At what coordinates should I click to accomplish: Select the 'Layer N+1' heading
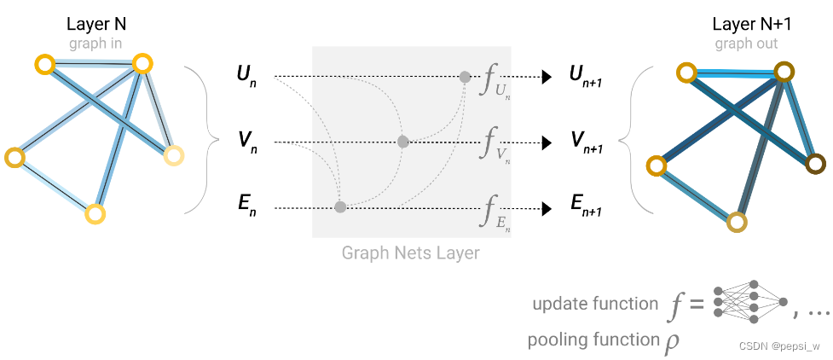click(x=747, y=25)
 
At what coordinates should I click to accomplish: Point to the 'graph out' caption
click(x=746, y=43)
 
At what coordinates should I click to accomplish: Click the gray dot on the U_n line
click(x=465, y=77)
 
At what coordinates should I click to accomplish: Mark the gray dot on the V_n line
click(x=403, y=142)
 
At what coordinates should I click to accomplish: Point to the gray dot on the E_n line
click(x=340, y=206)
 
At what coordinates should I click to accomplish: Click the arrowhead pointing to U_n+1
click(x=547, y=77)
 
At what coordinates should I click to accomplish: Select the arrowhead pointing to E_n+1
click(x=547, y=207)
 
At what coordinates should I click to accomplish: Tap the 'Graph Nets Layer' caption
click(x=411, y=253)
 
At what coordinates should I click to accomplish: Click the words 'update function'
click(x=594, y=305)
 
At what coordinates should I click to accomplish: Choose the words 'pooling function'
click(x=593, y=340)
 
